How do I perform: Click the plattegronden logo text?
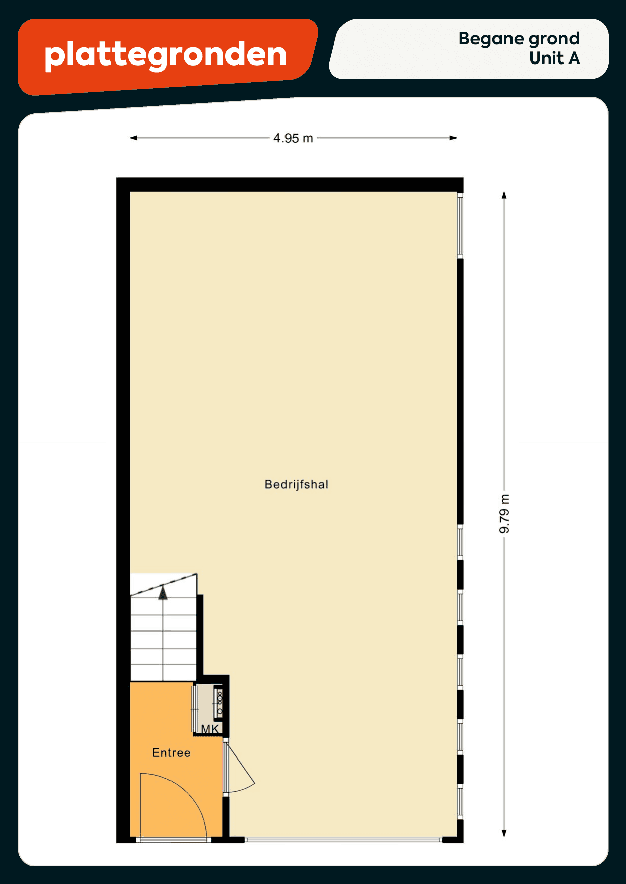point(165,55)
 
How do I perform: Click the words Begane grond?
point(519,39)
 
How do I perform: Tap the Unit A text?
point(554,58)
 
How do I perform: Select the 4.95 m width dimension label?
point(293,138)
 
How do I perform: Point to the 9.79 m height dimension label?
point(504,514)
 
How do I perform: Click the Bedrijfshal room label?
point(297,484)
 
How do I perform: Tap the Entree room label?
point(172,752)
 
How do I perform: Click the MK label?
point(210,729)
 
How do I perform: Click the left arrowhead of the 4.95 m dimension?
point(133,138)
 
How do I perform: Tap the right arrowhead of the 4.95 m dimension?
point(453,138)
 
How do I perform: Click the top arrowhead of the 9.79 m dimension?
point(504,195)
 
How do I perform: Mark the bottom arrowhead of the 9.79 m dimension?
point(504,833)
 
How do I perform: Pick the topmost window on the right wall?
point(460,225)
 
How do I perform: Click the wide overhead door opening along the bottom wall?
point(344,840)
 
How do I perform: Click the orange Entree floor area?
point(172,756)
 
